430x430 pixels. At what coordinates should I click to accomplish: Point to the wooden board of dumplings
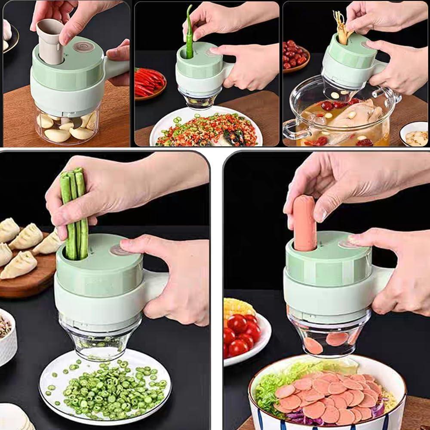click(26, 267)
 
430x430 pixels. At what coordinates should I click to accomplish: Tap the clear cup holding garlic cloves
click(68, 127)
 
